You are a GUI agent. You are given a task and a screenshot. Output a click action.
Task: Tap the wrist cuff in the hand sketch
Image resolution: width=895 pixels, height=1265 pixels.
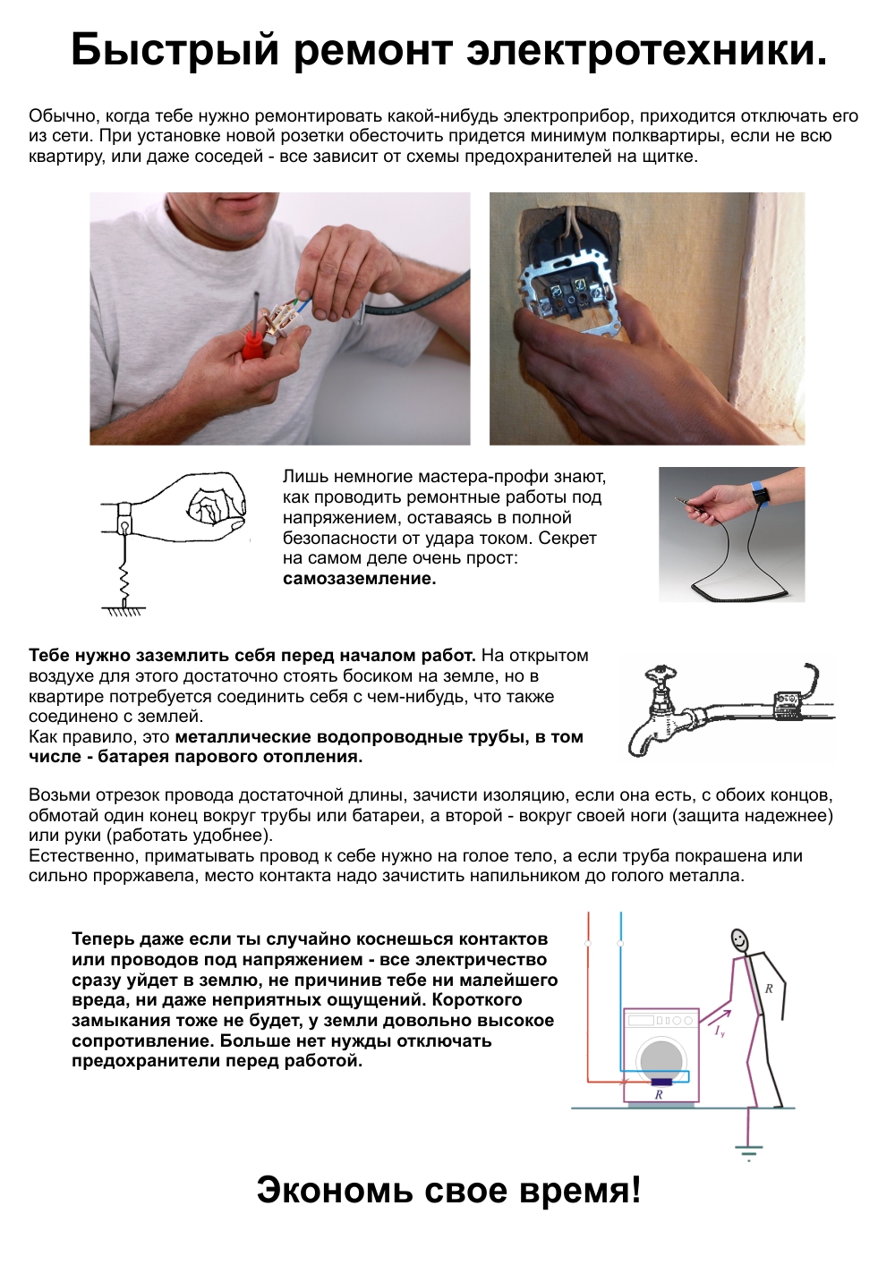tap(124, 517)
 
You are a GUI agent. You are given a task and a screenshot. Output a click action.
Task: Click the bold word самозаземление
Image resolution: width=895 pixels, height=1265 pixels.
tap(359, 579)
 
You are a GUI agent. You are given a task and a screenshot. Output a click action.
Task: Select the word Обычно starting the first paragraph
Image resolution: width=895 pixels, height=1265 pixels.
tap(64, 116)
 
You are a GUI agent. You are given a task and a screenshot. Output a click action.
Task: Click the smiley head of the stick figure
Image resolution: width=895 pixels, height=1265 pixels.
tap(739, 940)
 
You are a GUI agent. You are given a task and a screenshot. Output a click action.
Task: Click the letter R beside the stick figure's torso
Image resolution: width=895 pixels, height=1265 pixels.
tap(768, 989)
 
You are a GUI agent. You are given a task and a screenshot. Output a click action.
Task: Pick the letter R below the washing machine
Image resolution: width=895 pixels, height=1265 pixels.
tap(659, 1095)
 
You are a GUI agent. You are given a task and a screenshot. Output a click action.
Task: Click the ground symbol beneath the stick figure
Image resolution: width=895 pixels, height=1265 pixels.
tap(748, 1150)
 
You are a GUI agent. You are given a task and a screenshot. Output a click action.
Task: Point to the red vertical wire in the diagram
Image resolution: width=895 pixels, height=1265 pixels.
tap(588, 993)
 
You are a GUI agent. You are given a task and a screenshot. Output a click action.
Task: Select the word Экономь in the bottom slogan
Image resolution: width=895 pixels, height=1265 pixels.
tap(335, 1191)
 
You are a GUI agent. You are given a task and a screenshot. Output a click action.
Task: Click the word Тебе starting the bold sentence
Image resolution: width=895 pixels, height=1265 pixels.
tap(49, 656)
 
